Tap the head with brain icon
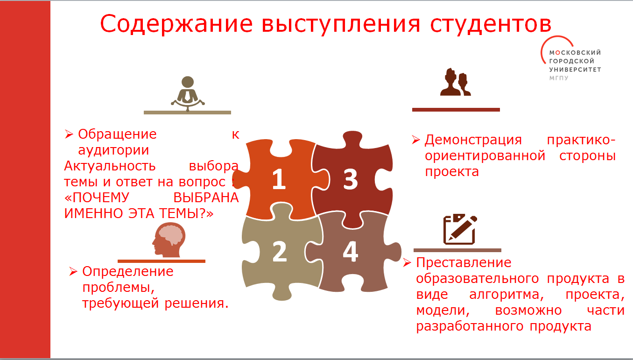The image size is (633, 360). (169, 239)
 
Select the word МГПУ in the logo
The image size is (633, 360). (560, 78)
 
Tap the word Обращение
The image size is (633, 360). (117, 134)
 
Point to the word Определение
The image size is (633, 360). (127, 271)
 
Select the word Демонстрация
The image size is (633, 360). (472, 140)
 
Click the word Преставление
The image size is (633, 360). (464, 262)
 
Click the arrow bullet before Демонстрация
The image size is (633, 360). (416, 139)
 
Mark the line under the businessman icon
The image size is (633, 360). (187, 113)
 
